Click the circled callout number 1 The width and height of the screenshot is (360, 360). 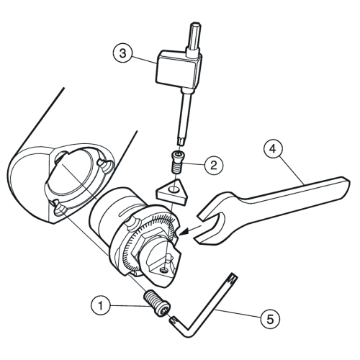pos(101,306)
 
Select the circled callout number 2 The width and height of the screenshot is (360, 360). pos(214,165)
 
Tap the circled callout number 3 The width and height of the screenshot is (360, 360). pos(122,53)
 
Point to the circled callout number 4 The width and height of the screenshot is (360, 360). pos(273,149)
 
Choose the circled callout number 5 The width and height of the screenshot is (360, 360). pos(270,320)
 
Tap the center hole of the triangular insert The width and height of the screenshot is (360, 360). pos(174,189)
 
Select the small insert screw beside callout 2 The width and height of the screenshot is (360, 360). pos(177,161)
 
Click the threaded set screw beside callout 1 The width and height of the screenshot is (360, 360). pos(157,304)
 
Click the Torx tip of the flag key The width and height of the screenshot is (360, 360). pos(181,140)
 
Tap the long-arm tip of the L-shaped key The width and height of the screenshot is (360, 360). pos(233,276)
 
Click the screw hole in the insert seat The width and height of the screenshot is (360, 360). pos(164,271)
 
